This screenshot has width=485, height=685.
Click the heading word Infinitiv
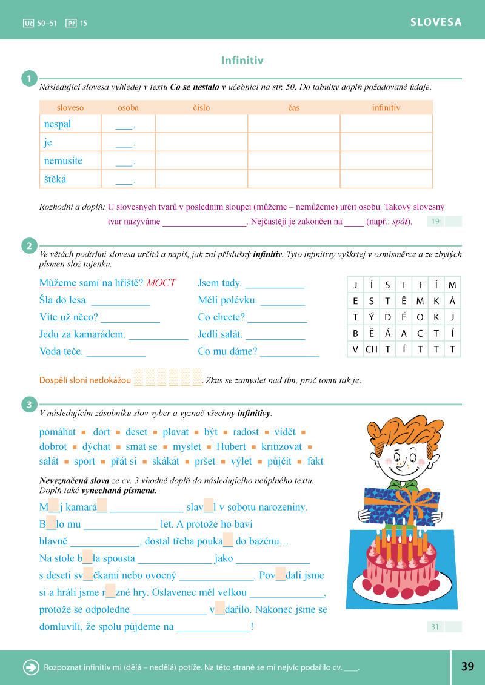click(242, 61)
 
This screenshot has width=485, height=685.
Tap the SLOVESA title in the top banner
click(436, 22)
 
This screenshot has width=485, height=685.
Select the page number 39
click(467, 667)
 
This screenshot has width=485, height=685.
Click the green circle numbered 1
click(28, 79)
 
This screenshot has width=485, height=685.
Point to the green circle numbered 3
click(28, 405)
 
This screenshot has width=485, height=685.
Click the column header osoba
click(128, 108)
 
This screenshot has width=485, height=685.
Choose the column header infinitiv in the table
click(386, 108)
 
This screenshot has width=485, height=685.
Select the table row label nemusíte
click(63, 161)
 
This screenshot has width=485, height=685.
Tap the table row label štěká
click(55, 179)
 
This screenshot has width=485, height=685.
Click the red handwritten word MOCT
click(161, 283)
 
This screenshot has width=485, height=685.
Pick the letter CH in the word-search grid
click(371, 349)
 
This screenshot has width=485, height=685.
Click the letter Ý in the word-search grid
click(371, 317)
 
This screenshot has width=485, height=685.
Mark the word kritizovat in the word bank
click(281, 446)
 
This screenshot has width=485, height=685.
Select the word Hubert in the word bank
click(231, 446)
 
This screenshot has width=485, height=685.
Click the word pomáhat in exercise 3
click(58, 432)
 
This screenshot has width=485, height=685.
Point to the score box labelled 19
click(436, 222)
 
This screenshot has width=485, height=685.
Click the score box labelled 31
click(436, 627)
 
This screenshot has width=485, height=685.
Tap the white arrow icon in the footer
click(30, 667)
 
